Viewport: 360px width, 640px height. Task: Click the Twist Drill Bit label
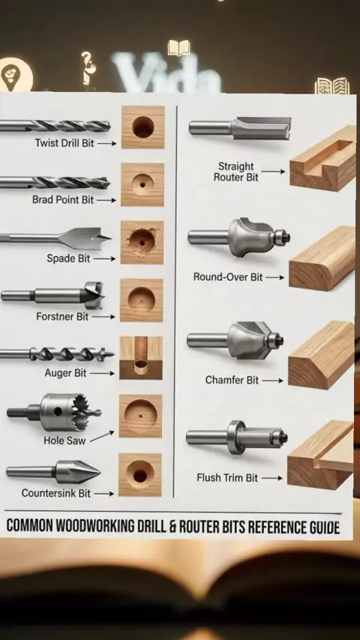tap(64, 143)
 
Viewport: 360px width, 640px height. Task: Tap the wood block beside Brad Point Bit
tap(142, 185)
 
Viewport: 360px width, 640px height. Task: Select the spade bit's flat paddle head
tap(85, 238)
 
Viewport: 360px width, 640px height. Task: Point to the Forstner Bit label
tap(62, 316)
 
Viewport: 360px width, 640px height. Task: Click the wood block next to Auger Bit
tap(141, 358)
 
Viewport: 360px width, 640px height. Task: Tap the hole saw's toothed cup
tap(70, 412)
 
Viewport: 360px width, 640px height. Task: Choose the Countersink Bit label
tap(56, 493)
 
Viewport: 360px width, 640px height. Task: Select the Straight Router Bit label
tap(236, 172)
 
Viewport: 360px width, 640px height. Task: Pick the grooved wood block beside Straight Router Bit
tap(322, 159)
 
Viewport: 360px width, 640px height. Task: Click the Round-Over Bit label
tap(228, 277)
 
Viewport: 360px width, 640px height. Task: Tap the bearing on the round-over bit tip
tap(281, 237)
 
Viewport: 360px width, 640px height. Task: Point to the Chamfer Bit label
tap(232, 380)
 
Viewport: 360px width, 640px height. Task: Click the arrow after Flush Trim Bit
tap(272, 478)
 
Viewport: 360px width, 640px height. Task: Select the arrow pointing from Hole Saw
tap(102, 436)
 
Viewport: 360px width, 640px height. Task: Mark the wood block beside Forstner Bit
tap(142, 301)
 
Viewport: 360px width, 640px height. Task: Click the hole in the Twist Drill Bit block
tap(143, 127)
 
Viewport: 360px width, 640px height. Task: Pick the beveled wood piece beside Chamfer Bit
tap(322, 354)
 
